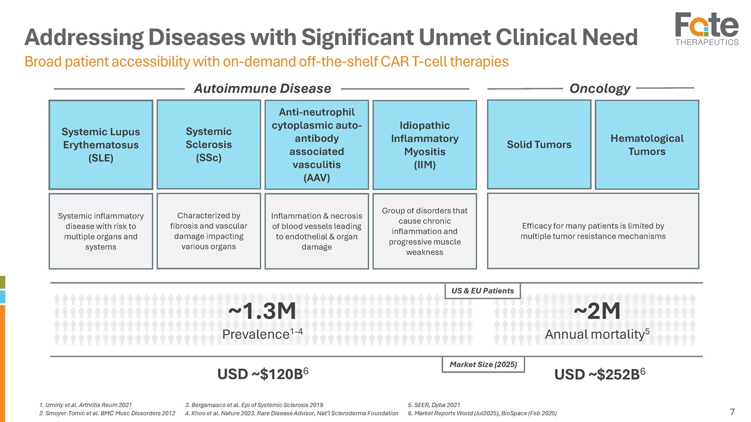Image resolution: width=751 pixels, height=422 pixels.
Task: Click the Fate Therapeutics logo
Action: pos(707,29)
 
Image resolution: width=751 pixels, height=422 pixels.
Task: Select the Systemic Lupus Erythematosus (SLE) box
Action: pos(101,145)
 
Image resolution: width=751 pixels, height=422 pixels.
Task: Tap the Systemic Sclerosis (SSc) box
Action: pos(208,144)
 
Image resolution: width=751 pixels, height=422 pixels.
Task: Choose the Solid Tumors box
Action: pos(539,144)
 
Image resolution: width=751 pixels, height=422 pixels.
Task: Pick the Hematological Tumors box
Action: pos(647,145)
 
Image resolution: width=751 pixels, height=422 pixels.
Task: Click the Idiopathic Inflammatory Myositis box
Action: pos(425,145)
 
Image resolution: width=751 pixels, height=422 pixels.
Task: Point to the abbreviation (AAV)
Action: pos(317,177)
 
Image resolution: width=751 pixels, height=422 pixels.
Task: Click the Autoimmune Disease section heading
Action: pos(263,88)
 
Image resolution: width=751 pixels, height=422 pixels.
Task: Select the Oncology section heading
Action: pos(600,88)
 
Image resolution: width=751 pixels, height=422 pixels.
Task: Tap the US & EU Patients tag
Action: pos(483,291)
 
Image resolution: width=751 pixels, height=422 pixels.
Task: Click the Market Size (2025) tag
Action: pos(483,365)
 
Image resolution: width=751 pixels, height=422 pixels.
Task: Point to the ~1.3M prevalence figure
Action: pos(262,311)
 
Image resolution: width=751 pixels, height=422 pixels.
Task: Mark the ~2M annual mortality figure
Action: pos(597,311)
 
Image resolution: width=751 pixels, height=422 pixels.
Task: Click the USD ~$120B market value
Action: pos(263,374)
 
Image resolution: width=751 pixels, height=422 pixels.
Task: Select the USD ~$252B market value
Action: pos(600,374)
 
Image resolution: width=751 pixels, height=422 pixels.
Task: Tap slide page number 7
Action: pos(732,412)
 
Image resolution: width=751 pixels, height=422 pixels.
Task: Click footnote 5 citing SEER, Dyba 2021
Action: pos(434,405)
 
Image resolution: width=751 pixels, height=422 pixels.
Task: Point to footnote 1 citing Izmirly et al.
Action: pos(85,405)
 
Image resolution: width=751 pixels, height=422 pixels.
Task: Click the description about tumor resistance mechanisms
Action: pos(593,231)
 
